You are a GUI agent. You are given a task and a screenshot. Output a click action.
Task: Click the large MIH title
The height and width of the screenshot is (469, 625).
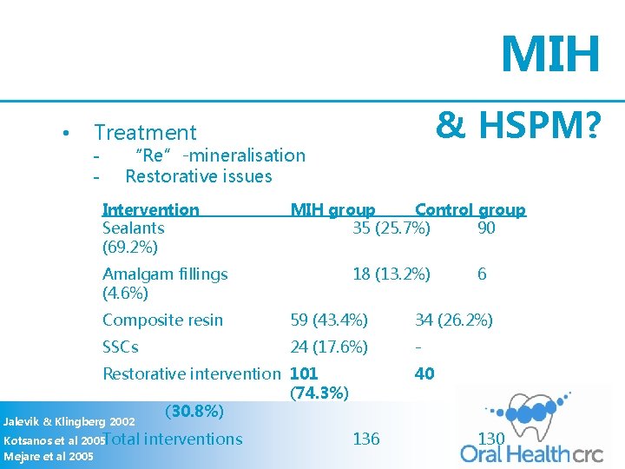click(550, 54)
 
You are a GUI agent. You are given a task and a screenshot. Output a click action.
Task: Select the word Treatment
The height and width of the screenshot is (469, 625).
click(145, 133)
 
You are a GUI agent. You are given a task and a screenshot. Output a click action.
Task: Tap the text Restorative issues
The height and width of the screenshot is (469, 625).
click(198, 176)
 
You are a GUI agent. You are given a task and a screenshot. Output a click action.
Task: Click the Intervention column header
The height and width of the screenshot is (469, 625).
click(151, 209)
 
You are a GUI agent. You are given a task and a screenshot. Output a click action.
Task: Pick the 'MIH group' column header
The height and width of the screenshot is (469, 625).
click(332, 209)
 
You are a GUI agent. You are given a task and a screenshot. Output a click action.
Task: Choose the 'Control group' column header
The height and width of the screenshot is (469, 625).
click(470, 209)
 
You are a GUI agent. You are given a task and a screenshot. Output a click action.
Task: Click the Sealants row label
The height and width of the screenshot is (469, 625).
click(134, 228)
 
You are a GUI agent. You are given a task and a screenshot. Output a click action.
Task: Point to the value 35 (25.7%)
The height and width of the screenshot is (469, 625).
click(391, 228)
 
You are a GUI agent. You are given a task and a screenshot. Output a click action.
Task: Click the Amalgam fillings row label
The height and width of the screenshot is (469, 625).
click(165, 274)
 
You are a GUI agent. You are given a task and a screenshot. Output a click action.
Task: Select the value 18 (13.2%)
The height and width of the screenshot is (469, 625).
click(391, 274)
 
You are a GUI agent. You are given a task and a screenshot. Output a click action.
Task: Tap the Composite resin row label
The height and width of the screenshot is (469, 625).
click(162, 320)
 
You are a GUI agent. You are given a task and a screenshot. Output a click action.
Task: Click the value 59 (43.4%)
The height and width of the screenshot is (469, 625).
click(329, 320)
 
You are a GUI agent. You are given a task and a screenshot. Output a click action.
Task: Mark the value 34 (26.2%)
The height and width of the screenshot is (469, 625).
click(454, 320)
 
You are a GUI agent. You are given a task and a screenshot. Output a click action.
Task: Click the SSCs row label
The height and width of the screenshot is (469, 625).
click(121, 347)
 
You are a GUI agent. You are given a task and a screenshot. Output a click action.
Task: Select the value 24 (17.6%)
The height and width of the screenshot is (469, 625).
click(329, 347)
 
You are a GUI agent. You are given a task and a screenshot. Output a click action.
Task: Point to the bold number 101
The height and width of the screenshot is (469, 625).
click(303, 373)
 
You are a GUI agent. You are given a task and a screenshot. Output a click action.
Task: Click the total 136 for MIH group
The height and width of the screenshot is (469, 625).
click(365, 439)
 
